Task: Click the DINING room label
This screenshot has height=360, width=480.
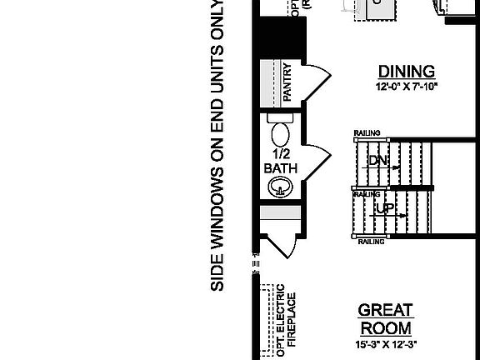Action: point(405,71)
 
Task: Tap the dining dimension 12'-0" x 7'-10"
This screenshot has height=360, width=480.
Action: point(406,86)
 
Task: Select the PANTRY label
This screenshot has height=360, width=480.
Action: point(287,84)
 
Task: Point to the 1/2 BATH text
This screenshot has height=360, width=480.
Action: point(281,160)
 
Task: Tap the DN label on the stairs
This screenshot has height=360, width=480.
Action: point(378,159)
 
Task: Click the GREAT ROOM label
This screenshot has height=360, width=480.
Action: point(386,318)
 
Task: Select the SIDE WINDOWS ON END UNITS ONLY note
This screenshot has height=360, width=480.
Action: point(218,145)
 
